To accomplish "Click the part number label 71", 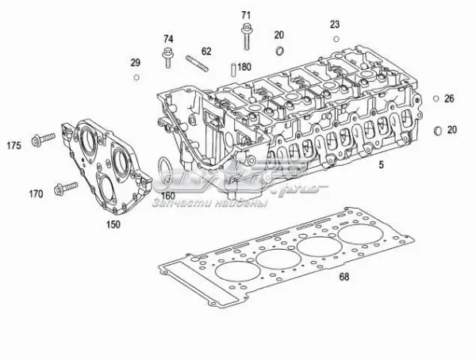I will click(x=246, y=15).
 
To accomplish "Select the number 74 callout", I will click(x=168, y=39).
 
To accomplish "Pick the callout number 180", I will click(x=244, y=67).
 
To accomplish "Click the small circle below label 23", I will click(x=336, y=39).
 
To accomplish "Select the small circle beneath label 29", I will click(x=136, y=77).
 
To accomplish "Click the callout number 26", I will click(x=449, y=99).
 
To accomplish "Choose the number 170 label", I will click(x=36, y=193).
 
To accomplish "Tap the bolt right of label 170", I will click(x=60, y=188).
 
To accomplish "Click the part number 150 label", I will click(x=114, y=224).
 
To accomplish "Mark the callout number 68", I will click(x=344, y=277).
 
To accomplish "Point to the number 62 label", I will click(x=206, y=51).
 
